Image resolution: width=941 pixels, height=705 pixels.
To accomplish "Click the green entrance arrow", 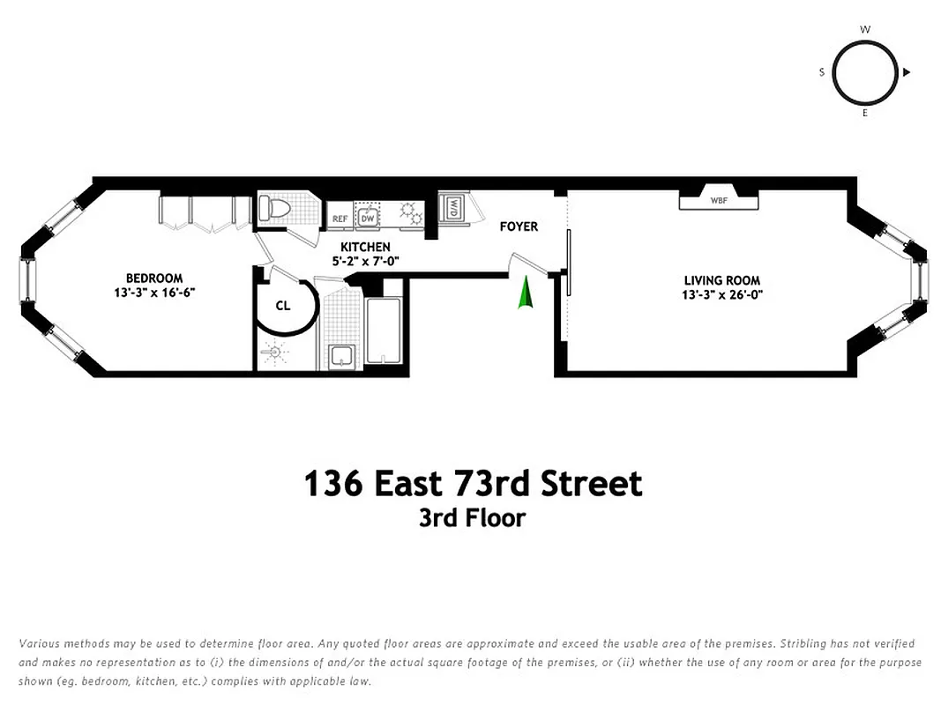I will tap(525, 293).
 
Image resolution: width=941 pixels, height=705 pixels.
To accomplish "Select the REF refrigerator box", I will tap(340, 216).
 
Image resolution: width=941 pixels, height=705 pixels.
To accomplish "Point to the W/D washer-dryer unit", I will tap(452, 209).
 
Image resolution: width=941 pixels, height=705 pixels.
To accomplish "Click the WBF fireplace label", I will tap(719, 200).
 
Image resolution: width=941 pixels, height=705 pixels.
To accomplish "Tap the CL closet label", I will tap(283, 306).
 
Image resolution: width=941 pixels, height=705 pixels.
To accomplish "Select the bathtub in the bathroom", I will tap(384, 326).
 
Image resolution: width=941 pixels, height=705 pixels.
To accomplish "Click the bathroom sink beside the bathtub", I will tap(340, 357).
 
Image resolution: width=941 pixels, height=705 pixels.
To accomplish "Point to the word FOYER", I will tap(519, 226).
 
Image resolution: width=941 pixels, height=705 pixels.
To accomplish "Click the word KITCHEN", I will tap(366, 248).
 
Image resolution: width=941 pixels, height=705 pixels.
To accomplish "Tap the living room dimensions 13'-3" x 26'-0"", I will tap(721, 294).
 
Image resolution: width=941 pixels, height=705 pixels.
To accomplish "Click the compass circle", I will tap(864, 72).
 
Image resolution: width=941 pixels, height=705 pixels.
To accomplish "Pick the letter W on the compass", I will tap(865, 29).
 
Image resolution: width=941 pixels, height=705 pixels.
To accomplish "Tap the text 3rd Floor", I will tap(472, 517).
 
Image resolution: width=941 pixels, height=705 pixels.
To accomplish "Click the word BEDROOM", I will tap(154, 278).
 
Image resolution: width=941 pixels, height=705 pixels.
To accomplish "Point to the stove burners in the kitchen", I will tap(410, 212).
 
